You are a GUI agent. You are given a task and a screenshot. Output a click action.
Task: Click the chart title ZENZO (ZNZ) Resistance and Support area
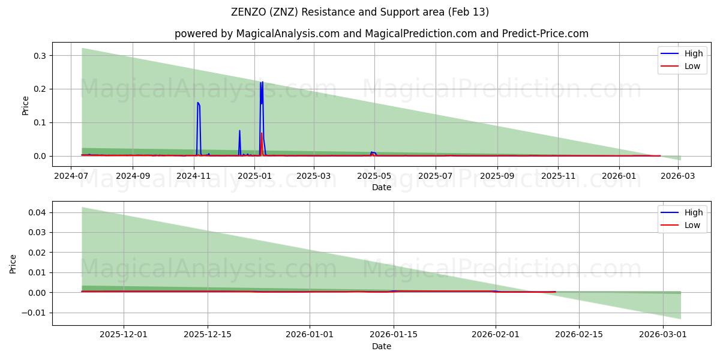[359, 12]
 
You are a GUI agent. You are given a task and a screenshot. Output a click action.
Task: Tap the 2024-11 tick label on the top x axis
[194, 176]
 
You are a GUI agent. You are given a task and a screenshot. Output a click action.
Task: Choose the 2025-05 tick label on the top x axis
[374, 176]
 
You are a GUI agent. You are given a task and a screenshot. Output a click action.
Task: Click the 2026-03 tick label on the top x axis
[677, 176]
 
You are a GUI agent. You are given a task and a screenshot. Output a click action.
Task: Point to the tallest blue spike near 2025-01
[262, 82]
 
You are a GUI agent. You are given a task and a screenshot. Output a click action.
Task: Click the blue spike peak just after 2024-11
[197, 103]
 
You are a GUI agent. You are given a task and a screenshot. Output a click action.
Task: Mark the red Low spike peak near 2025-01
[261, 133]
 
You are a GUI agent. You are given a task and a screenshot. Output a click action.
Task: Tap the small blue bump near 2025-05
[372, 152]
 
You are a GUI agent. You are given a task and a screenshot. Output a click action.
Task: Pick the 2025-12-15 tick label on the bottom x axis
[208, 335]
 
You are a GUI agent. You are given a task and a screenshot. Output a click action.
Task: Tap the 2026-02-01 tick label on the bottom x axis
[496, 335]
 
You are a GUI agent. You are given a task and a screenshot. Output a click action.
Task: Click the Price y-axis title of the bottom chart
[13, 263]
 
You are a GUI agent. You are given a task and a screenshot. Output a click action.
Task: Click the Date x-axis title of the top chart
[381, 187]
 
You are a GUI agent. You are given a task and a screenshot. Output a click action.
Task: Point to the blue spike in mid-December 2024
[239, 131]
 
